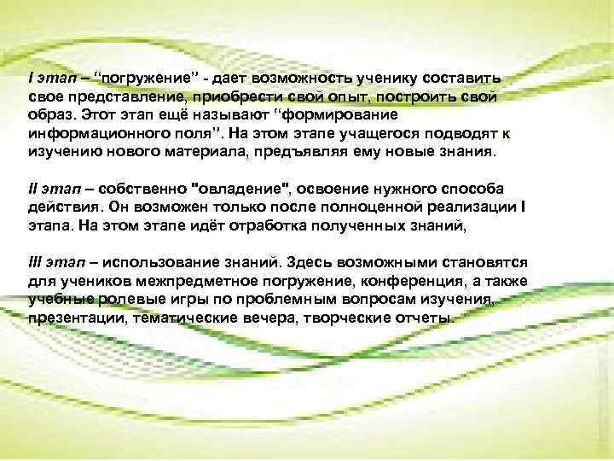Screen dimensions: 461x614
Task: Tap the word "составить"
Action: coord(468,78)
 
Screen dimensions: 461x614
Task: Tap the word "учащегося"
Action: coord(375,133)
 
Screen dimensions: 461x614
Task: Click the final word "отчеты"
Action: coord(424,318)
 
